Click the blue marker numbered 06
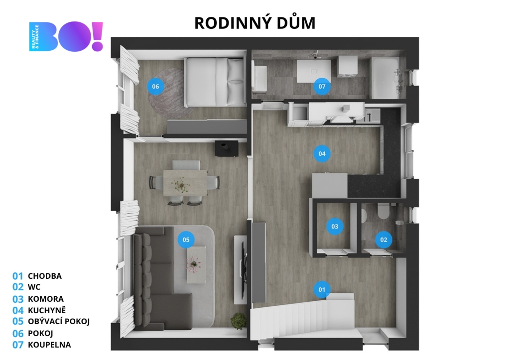155,87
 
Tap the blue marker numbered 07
322,87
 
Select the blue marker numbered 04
322,153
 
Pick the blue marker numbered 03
335,227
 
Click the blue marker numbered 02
384,240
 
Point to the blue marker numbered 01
322,289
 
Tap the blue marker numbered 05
186,240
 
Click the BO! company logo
66,36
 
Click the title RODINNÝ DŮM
255,23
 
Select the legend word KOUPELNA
49,345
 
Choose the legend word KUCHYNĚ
47,310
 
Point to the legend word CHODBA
44,276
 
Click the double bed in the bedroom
215,82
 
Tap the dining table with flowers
185,183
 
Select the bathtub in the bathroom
385,78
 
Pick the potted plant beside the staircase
239,321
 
